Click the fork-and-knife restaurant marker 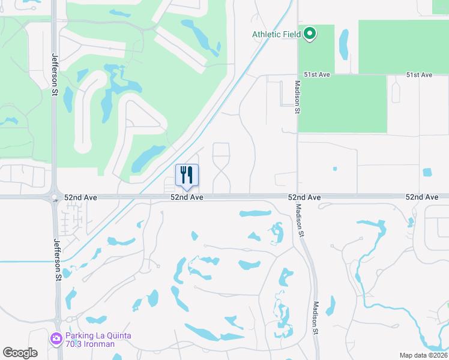pos(187,175)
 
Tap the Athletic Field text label pos(276,35)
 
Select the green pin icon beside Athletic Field pos(310,34)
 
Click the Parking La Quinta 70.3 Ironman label pos(98,340)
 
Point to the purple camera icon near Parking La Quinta pos(56,339)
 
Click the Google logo pos(20,353)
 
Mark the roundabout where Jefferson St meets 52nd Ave pos(55,197)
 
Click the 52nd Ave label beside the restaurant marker pos(187,197)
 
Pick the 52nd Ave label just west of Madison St pos(304,197)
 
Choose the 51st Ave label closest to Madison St pos(318,75)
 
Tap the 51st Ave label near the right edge pos(419,75)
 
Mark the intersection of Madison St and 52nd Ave pos(297,197)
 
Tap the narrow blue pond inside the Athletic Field pos(343,45)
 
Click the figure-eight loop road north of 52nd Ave pos(221,168)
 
